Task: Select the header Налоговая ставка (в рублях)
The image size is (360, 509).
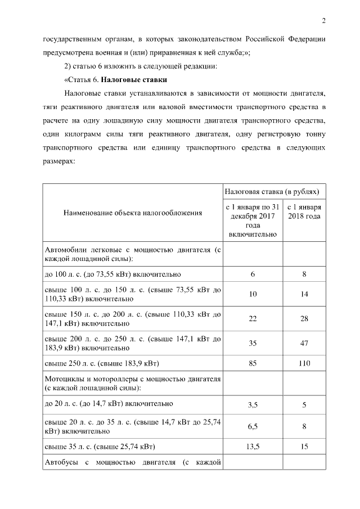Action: click(273, 191)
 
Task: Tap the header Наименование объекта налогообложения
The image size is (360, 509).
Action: click(133, 213)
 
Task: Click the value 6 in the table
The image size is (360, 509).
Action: click(253, 274)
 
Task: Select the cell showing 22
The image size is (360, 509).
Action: click(253, 319)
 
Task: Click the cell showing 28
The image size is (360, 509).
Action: click(304, 319)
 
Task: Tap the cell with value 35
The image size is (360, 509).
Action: click(253, 343)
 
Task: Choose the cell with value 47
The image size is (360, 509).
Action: click(304, 343)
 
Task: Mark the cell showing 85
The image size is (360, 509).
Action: click(253, 363)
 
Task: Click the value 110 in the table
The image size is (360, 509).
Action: click(304, 363)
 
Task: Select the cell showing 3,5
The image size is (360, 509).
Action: click(253, 404)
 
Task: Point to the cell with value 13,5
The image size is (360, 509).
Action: click(253, 447)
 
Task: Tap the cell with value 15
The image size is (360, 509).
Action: click(304, 447)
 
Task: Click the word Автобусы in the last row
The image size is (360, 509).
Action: click(61, 463)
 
